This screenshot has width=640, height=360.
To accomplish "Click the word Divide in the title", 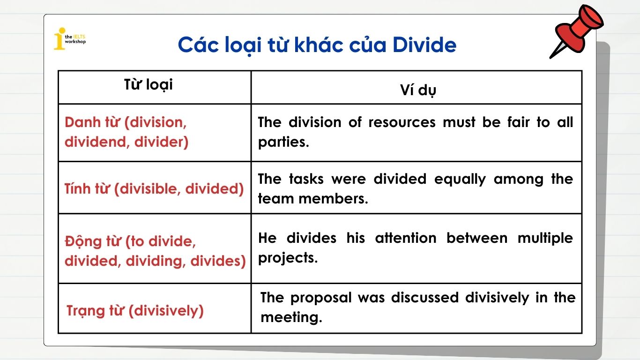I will click(x=424, y=45).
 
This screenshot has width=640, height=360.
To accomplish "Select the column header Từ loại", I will click(x=148, y=84).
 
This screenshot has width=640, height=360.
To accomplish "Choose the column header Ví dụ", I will click(x=417, y=90).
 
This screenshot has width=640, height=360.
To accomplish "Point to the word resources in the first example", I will click(x=402, y=122).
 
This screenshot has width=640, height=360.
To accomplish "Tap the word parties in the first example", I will click(x=283, y=142).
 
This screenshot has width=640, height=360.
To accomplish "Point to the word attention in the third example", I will click(x=406, y=238).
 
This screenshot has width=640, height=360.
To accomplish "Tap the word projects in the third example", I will click(x=287, y=258).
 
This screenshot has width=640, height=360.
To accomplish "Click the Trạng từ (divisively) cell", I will click(x=135, y=310).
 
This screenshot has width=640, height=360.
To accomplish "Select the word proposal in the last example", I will click(x=320, y=298).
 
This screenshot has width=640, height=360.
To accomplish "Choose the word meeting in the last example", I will click(x=291, y=317).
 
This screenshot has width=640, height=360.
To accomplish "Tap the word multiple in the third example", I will click(x=545, y=238).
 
